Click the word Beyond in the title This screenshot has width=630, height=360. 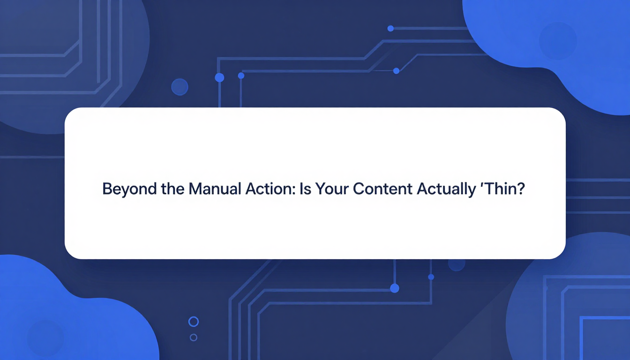click(129, 189)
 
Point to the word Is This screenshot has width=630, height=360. click(305, 189)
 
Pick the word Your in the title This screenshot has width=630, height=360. click(332, 189)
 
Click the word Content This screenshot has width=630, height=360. click(382, 189)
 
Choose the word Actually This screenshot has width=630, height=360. click(446, 189)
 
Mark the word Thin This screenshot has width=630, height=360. click(499, 189)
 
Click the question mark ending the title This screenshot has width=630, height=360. click(519, 189)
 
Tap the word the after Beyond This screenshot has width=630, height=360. click(172, 188)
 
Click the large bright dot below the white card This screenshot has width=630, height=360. click(395, 288)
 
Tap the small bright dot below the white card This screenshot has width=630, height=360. click(431, 277)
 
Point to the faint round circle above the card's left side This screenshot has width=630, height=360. click(180, 87)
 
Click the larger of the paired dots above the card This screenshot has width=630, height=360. click(219, 78)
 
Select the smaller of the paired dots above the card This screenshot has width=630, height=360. click(241, 75)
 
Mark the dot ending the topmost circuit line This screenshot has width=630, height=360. click(390, 29)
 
